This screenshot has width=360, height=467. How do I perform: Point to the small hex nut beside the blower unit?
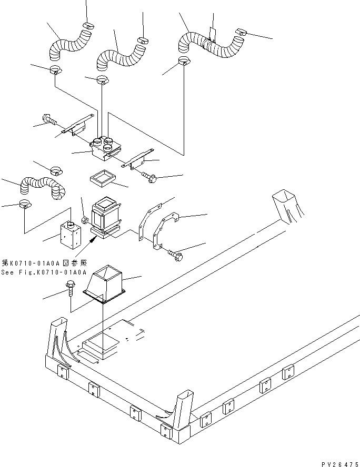click(84, 218)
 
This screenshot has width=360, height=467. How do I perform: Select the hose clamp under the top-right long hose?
click(183, 62)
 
